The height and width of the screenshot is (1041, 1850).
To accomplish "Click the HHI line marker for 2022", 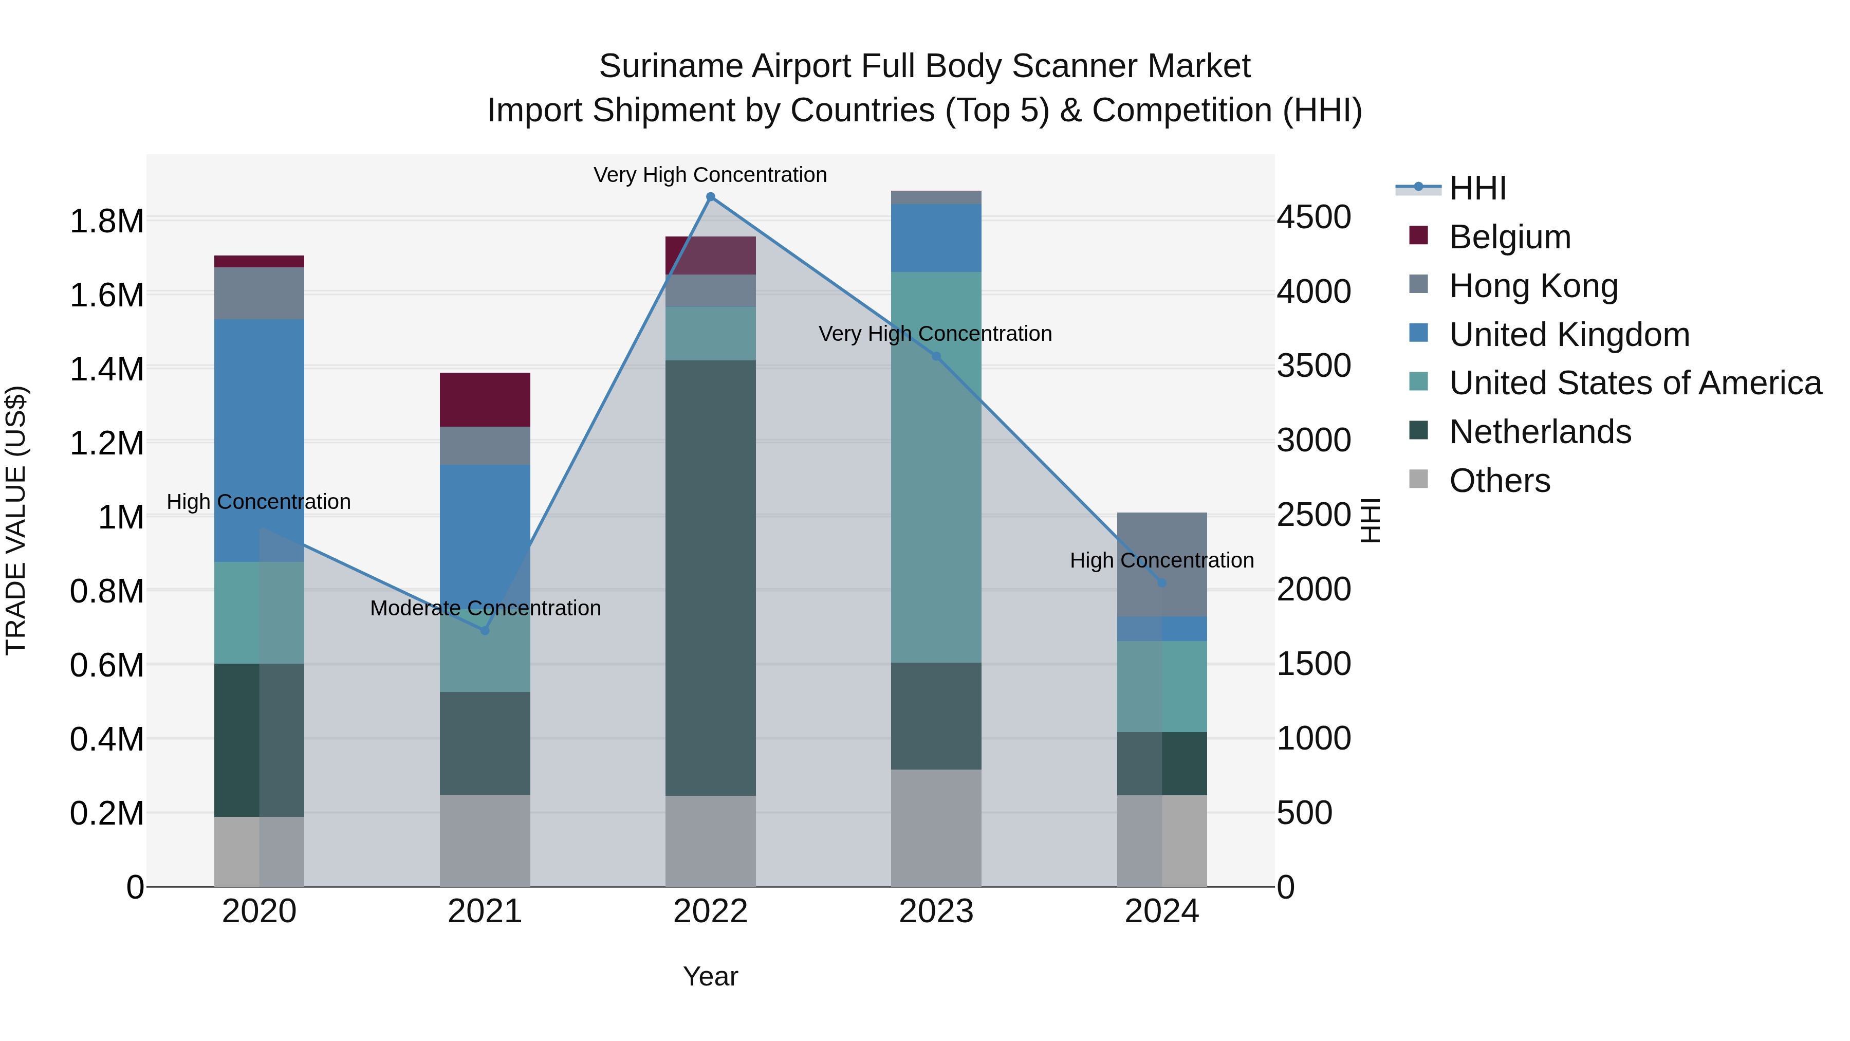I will coord(710,197).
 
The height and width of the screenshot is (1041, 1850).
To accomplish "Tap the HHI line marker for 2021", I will coord(485,630).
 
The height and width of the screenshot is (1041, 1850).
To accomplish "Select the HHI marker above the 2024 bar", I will coord(1162,582).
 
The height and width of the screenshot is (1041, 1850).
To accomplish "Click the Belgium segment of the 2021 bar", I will coord(485,399).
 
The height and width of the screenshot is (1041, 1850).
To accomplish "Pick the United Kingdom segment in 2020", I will coord(260,440).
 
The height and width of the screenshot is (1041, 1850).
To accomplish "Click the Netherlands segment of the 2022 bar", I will coord(710,578).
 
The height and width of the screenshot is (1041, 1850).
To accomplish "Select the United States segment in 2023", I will coord(936,467).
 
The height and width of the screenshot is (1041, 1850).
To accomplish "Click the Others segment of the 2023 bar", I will coord(936,828).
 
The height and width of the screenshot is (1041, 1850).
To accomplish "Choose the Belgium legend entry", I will coord(1510,237).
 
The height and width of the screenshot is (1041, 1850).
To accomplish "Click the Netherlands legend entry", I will coord(1540,432).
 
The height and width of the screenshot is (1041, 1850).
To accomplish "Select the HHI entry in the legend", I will coord(1477,188).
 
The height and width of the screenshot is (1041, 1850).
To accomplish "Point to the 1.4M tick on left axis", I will coord(106,369).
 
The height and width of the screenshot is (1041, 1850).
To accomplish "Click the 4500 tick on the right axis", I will coord(1313,217).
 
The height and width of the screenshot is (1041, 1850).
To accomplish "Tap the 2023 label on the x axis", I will coord(936,911).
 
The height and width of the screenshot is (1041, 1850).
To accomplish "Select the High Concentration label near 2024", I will coord(1161,560).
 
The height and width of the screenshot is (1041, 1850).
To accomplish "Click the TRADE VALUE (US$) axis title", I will coord(16,520).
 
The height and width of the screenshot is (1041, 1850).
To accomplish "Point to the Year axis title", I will coord(710,976).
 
